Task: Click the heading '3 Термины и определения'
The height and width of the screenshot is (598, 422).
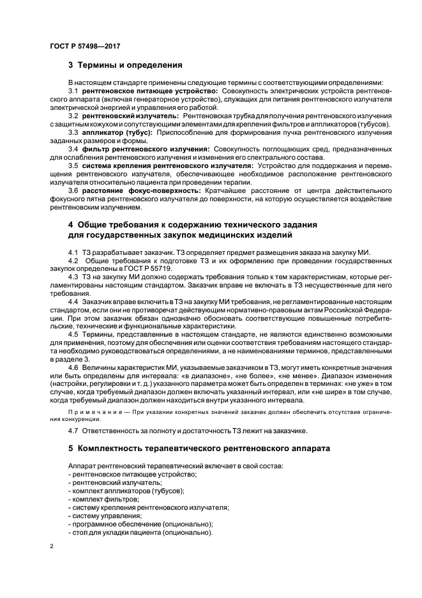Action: tap(125, 65)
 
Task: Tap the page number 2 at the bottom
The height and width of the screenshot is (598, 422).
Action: tap(51, 548)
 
